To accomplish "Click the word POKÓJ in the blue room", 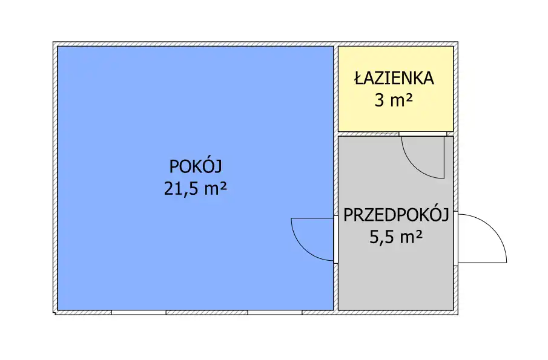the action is (x=196, y=166).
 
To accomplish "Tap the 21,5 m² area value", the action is (x=196, y=189).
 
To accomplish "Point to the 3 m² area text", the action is (x=394, y=100).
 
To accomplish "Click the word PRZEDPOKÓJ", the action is (x=396, y=215).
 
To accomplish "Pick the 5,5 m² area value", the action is (x=396, y=237).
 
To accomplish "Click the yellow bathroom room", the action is (x=395, y=89).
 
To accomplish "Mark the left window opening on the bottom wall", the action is (x=139, y=313).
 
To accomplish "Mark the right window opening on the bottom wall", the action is (x=275, y=313).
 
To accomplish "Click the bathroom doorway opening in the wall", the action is (x=423, y=134).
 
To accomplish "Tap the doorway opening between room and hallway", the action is (x=336, y=240).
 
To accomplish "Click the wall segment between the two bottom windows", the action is (x=207, y=313).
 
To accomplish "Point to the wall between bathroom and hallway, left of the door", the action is (x=369, y=134).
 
